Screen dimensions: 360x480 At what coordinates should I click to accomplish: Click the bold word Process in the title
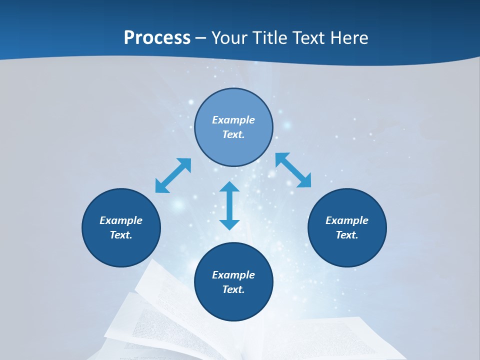(x=157, y=38)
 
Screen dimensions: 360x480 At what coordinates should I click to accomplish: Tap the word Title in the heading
(x=269, y=38)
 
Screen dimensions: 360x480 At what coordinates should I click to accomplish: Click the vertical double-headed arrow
(x=229, y=205)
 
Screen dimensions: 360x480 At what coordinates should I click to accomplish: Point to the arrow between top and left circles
(x=173, y=175)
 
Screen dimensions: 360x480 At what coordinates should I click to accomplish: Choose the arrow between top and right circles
(x=293, y=170)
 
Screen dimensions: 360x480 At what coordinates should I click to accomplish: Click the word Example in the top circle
(x=233, y=120)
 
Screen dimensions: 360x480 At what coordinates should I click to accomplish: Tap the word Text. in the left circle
(x=121, y=235)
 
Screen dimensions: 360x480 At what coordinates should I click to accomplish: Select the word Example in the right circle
(x=347, y=220)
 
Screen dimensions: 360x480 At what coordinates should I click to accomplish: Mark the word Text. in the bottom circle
(x=233, y=289)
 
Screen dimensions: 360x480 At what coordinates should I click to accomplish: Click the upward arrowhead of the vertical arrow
(x=229, y=188)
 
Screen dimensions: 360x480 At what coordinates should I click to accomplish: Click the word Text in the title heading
(x=307, y=38)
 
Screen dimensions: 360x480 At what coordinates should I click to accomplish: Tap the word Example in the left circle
(x=121, y=220)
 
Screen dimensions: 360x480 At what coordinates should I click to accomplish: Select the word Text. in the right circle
(x=347, y=235)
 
